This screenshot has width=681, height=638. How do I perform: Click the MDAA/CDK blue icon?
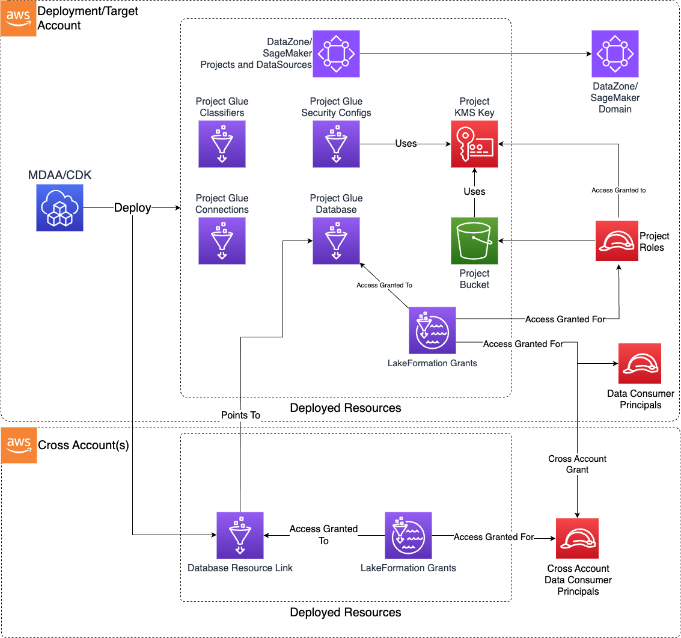click(x=60, y=207)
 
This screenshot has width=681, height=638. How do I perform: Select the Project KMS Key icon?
click(x=475, y=144)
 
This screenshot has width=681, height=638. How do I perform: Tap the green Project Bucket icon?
click(x=475, y=241)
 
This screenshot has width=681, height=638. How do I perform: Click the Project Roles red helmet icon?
click(x=616, y=241)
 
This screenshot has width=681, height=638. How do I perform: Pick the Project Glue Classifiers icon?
click(x=222, y=144)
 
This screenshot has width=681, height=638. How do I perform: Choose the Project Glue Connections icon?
click(x=222, y=241)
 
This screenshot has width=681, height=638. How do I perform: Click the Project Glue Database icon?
click(x=336, y=241)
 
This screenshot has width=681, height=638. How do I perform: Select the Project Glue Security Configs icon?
click(x=336, y=144)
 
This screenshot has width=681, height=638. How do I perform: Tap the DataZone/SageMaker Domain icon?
click(x=615, y=54)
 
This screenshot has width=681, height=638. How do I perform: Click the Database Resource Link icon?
click(x=240, y=536)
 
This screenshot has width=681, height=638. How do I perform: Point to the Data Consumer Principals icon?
click(x=640, y=364)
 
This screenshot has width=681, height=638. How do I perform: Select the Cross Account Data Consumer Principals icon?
click(x=578, y=539)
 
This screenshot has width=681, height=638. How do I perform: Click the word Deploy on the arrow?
click(x=133, y=207)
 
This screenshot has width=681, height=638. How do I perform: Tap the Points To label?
click(x=240, y=416)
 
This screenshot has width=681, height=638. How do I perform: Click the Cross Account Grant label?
click(x=577, y=464)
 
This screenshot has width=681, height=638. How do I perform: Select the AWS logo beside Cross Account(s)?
click(x=19, y=446)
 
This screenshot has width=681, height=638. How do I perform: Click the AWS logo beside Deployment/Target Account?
click(x=19, y=19)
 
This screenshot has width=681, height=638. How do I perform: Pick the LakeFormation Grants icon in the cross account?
click(x=408, y=536)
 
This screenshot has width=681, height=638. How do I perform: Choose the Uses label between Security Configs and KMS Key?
click(x=406, y=144)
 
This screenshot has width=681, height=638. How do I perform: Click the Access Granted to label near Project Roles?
click(x=618, y=190)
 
